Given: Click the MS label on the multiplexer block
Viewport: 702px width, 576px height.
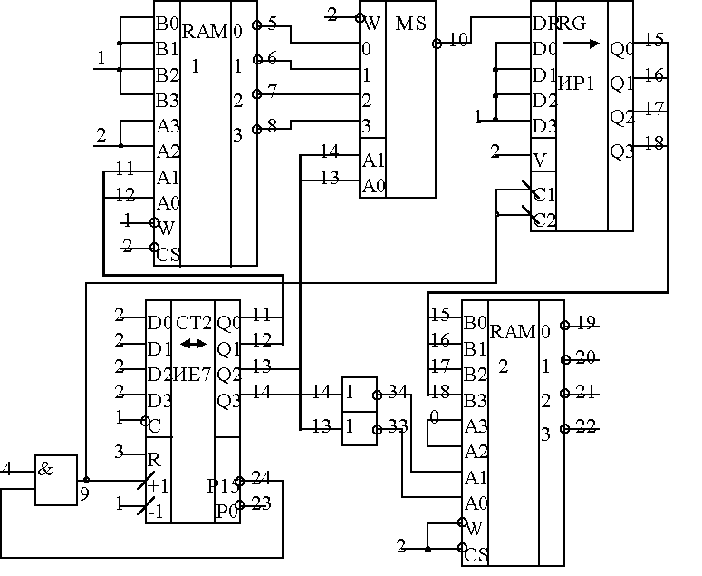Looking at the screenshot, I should [410, 23].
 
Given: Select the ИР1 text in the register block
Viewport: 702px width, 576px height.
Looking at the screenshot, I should [577, 83].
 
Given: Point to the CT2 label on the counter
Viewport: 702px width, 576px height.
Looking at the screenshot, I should [193, 322].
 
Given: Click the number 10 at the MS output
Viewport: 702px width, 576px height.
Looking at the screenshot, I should [459, 39].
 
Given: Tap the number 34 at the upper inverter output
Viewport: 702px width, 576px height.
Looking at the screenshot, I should [396, 391].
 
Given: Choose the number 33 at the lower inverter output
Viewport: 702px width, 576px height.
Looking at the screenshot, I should [396, 425].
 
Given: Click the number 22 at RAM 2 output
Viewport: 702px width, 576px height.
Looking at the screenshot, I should [586, 426].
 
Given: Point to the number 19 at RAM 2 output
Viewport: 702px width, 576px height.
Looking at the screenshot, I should [586, 321].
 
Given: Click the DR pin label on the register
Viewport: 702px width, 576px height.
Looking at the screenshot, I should [544, 23].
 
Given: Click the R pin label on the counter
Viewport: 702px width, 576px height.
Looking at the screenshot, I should [154, 459].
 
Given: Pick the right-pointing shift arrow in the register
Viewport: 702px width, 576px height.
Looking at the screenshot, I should [588, 43].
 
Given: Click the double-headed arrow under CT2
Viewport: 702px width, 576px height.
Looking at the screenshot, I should [192, 344].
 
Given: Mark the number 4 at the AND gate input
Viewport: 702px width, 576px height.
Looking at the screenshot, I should [7, 469].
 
